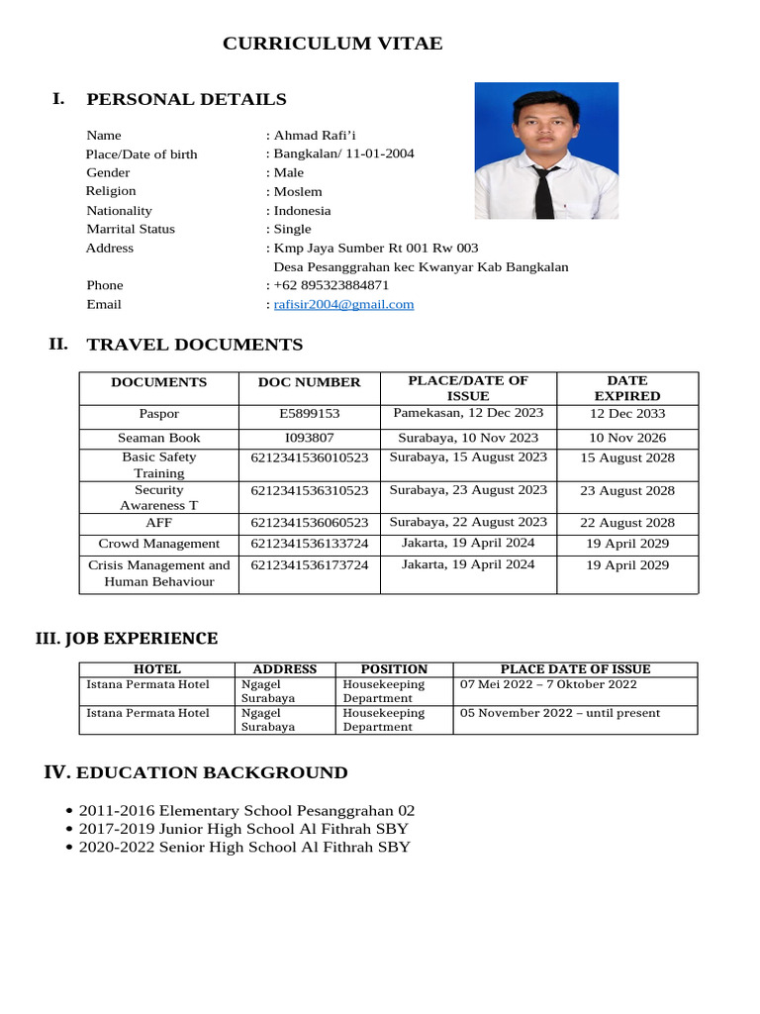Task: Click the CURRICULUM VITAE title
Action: (x=332, y=44)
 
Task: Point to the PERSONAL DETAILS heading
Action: (x=187, y=99)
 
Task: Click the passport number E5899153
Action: (x=310, y=414)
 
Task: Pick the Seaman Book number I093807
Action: (x=310, y=438)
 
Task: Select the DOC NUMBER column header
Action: (x=310, y=382)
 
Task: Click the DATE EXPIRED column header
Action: (x=627, y=388)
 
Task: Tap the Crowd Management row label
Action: (x=159, y=544)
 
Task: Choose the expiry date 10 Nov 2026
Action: (x=627, y=438)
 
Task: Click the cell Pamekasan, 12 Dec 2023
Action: (x=468, y=413)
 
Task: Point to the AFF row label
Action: (x=159, y=523)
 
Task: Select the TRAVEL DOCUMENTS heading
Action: (x=195, y=345)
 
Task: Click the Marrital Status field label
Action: (x=131, y=229)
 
